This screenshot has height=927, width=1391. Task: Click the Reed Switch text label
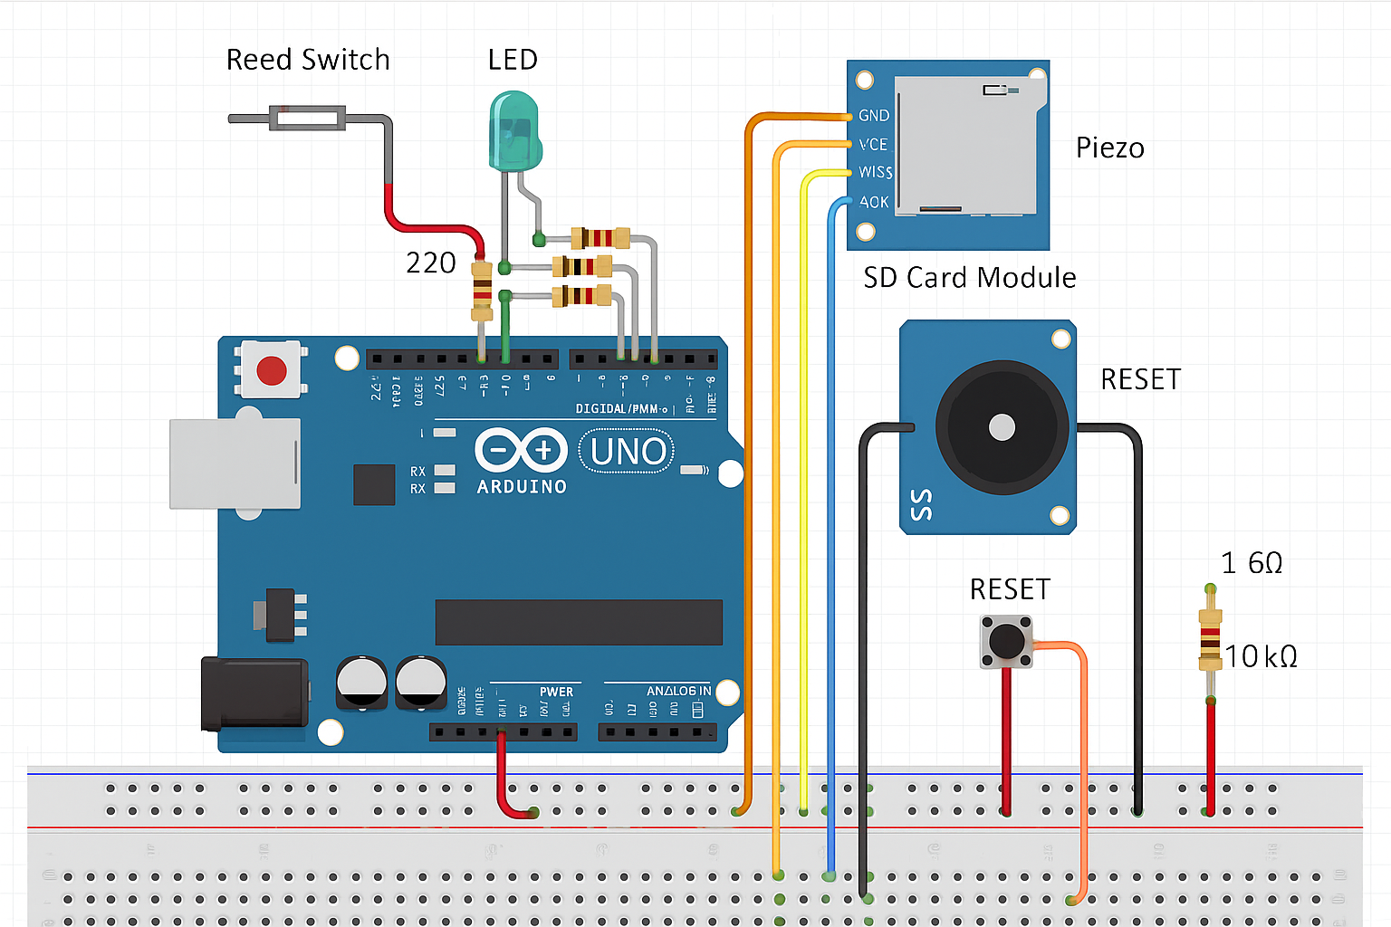[308, 60]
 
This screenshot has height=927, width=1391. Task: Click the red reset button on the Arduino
[272, 370]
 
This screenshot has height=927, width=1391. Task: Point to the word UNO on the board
[628, 452]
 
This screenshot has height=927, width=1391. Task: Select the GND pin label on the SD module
[874, 116]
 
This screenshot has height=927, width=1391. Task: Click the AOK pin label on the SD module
[874, 202]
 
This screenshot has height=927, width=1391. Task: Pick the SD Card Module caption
[969, 278]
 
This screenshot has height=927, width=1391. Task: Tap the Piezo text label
[1109, 148]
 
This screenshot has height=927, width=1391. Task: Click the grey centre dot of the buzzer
[1002, 427]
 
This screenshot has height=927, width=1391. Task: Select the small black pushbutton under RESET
[1006, 642]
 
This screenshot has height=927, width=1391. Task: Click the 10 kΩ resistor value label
[1261, 656]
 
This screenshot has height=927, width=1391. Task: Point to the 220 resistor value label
[430, 263]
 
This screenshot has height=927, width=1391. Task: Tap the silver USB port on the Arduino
[235, 463]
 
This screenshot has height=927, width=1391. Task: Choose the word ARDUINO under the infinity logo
[522, 487]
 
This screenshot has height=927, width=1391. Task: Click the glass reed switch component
[308, 118]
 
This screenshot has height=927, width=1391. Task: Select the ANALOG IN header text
[678, 692]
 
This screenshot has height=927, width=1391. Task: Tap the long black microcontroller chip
[579, 622]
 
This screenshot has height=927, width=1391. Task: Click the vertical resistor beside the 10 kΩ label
[1210, 640]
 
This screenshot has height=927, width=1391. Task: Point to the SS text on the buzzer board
[921, 505]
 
